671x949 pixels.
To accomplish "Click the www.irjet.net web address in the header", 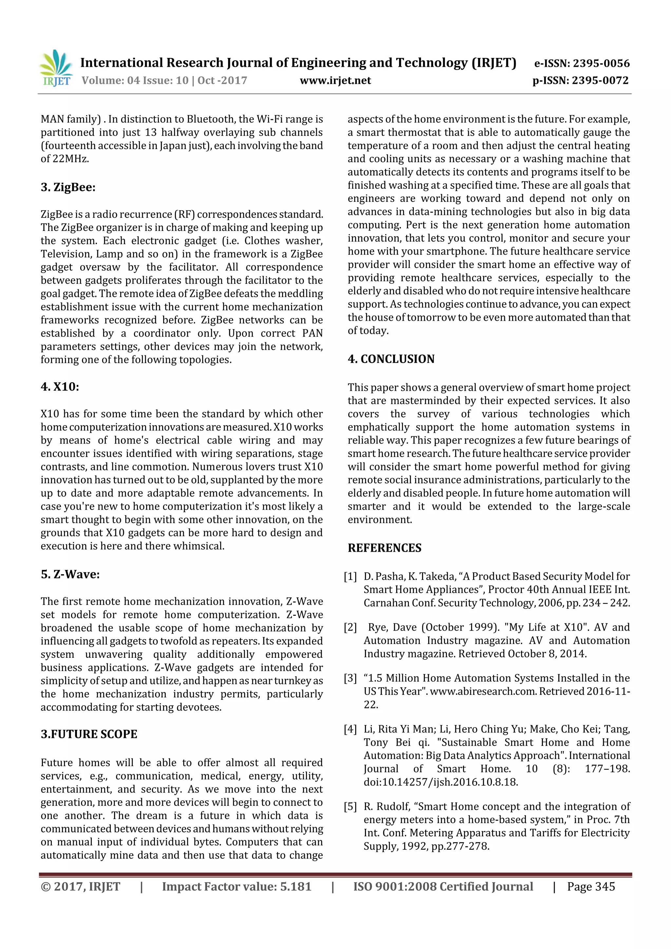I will click(x=335, y=81).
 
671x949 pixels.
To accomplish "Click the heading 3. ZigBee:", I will click(x=68, y=187).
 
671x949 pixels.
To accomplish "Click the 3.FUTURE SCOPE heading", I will click(x=89, y=734).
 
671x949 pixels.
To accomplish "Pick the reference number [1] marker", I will click(x=350, y=576).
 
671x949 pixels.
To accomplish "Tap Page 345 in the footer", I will click(x=591, y=886).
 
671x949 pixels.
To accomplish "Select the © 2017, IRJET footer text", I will click(x=80, y=886).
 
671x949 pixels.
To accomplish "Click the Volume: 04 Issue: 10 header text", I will click(x=135, y=81).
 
